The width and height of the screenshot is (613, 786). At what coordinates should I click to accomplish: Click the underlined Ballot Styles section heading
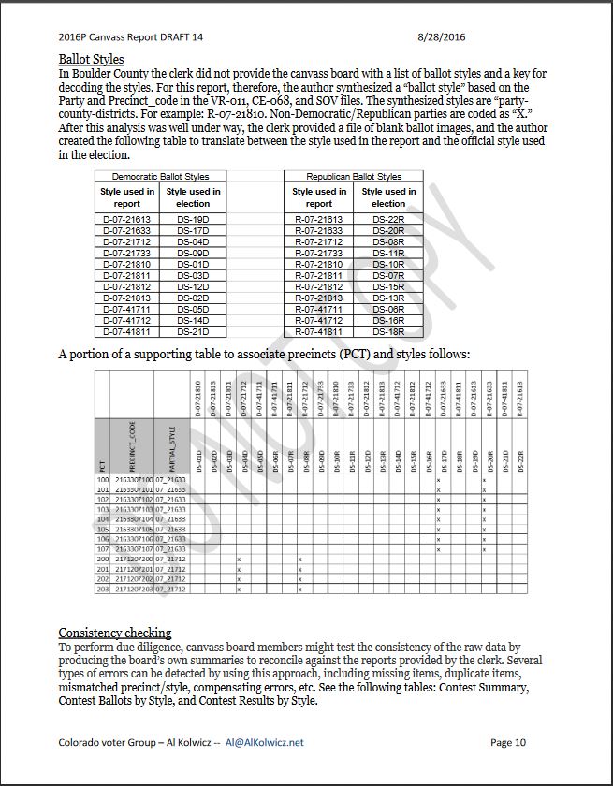point(91,60)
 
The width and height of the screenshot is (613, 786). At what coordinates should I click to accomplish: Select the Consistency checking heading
point(115,633)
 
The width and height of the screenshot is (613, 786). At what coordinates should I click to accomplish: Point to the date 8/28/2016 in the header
point(441,37)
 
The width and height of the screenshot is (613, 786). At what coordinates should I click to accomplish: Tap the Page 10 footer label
point(507,742)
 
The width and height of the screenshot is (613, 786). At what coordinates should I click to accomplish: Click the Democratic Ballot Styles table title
point(160,176)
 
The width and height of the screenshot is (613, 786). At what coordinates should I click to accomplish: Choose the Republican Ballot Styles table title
point(354,176)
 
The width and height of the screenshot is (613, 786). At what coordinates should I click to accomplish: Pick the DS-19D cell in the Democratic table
point(193,219)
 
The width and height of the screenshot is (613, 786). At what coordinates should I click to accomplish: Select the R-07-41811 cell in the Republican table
point(319,331)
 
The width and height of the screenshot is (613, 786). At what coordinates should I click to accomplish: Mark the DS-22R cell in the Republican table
point(388,219)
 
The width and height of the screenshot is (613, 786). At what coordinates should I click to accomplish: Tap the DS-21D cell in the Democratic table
point(193,331)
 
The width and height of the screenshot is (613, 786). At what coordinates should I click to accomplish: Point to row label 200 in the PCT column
point(103,559)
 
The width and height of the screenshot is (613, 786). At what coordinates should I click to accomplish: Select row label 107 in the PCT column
point(103,549)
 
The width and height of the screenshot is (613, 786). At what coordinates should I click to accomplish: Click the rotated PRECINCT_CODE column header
point(132,444)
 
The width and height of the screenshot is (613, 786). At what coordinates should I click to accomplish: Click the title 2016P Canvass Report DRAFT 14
point(130,37)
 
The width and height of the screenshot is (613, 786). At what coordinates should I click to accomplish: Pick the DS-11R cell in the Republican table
point(388,253)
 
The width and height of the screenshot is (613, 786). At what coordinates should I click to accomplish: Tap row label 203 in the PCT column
point(103,589)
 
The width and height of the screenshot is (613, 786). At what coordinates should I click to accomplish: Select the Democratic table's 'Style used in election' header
point(193,197)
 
